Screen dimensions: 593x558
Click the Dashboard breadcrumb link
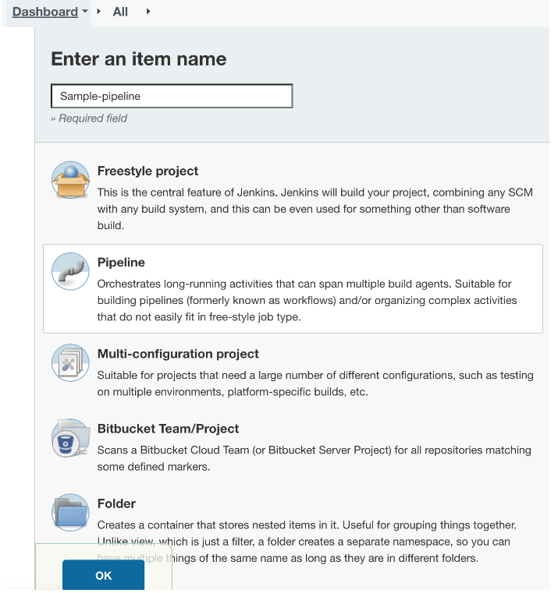[44, 12]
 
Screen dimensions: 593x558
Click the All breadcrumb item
[120, 12]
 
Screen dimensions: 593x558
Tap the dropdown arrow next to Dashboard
[85, 12]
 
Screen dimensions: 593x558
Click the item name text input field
[172, 96]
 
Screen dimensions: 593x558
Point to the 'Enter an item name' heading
[139, 59]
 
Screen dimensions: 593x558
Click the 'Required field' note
[89, 118]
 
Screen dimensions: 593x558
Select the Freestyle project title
[147, 171]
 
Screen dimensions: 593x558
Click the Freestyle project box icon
[70, 180]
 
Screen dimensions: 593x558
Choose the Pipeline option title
[121, 263]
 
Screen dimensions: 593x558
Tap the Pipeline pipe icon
[70, 271]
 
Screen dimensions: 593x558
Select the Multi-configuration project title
[178, 354]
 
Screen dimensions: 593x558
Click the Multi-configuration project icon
[70, 362]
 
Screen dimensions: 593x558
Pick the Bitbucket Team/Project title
[168, 429]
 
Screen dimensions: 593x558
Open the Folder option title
[116, 503]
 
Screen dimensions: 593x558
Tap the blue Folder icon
[70, 512]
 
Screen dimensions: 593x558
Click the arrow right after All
[147, 12]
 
